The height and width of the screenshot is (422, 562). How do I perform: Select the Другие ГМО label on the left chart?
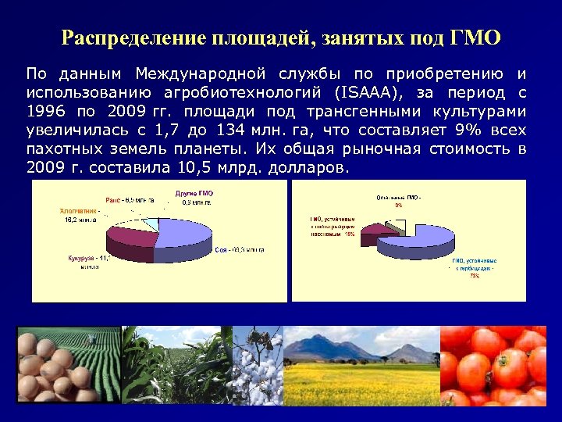(194, 193)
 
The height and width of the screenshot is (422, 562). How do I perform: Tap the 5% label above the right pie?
(398, 206)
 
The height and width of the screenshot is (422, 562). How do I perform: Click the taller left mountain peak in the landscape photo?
(320, 338)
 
